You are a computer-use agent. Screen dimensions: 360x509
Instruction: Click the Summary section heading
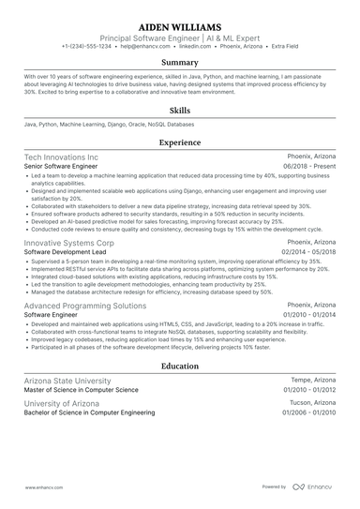pos(180,63)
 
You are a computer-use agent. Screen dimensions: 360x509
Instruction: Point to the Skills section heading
pos(180,110)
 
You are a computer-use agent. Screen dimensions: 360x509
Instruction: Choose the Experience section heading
pos(180,142)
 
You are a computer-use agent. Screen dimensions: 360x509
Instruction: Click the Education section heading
pos(180,367)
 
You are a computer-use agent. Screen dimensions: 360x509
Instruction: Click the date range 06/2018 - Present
pos(308,166)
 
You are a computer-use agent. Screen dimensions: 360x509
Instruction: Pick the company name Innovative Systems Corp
pos(69,242)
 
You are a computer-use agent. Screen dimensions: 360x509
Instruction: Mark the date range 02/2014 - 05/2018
pos(306,251)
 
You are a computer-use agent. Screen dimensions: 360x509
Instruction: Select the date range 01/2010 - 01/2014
pos(306,316)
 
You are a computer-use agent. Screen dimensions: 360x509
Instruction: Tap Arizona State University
pos(67,381)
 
